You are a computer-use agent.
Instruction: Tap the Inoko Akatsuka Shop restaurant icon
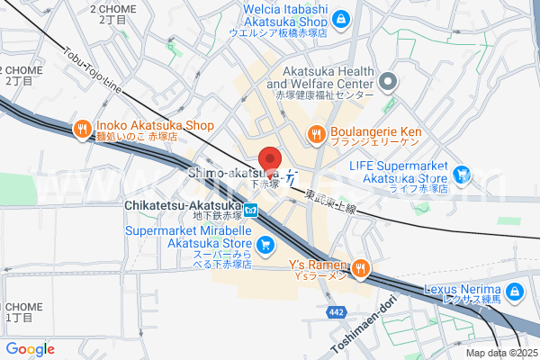(x=82, y=129)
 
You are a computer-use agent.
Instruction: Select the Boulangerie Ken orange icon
(x=317, y=135)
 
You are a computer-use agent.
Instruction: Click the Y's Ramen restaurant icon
(x=360, y=267)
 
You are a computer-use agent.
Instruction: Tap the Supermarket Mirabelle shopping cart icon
(x=265, y=244)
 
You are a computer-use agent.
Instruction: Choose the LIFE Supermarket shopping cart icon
(x=463, y=174)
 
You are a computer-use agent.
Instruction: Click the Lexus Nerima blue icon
(x=514, y=292)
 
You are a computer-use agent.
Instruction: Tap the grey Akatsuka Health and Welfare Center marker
(x=388, y=83)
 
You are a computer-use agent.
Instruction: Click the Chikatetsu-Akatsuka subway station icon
(x=251, y=211)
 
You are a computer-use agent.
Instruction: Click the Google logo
(x=30, y=349)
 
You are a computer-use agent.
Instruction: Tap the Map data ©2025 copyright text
(x=500, y=353)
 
